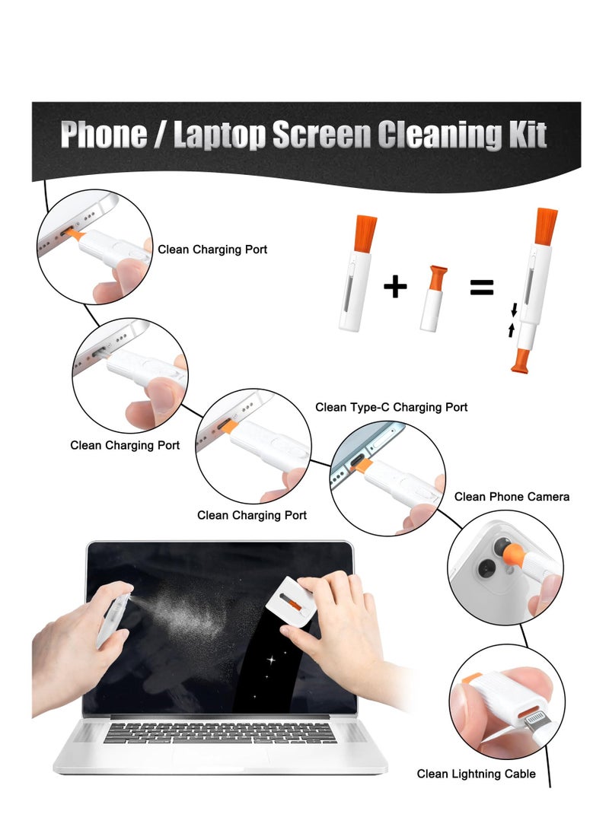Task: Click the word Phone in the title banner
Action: point(104,135)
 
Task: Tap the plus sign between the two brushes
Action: point(394,287)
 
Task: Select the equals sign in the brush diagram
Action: point(481,287)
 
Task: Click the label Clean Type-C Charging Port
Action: point(391,408)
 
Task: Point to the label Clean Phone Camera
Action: point(512,497)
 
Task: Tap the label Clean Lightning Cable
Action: point(476,774)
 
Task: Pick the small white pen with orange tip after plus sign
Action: point(433,301)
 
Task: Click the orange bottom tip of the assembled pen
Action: point(521,359)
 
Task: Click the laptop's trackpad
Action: point(221,757)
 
